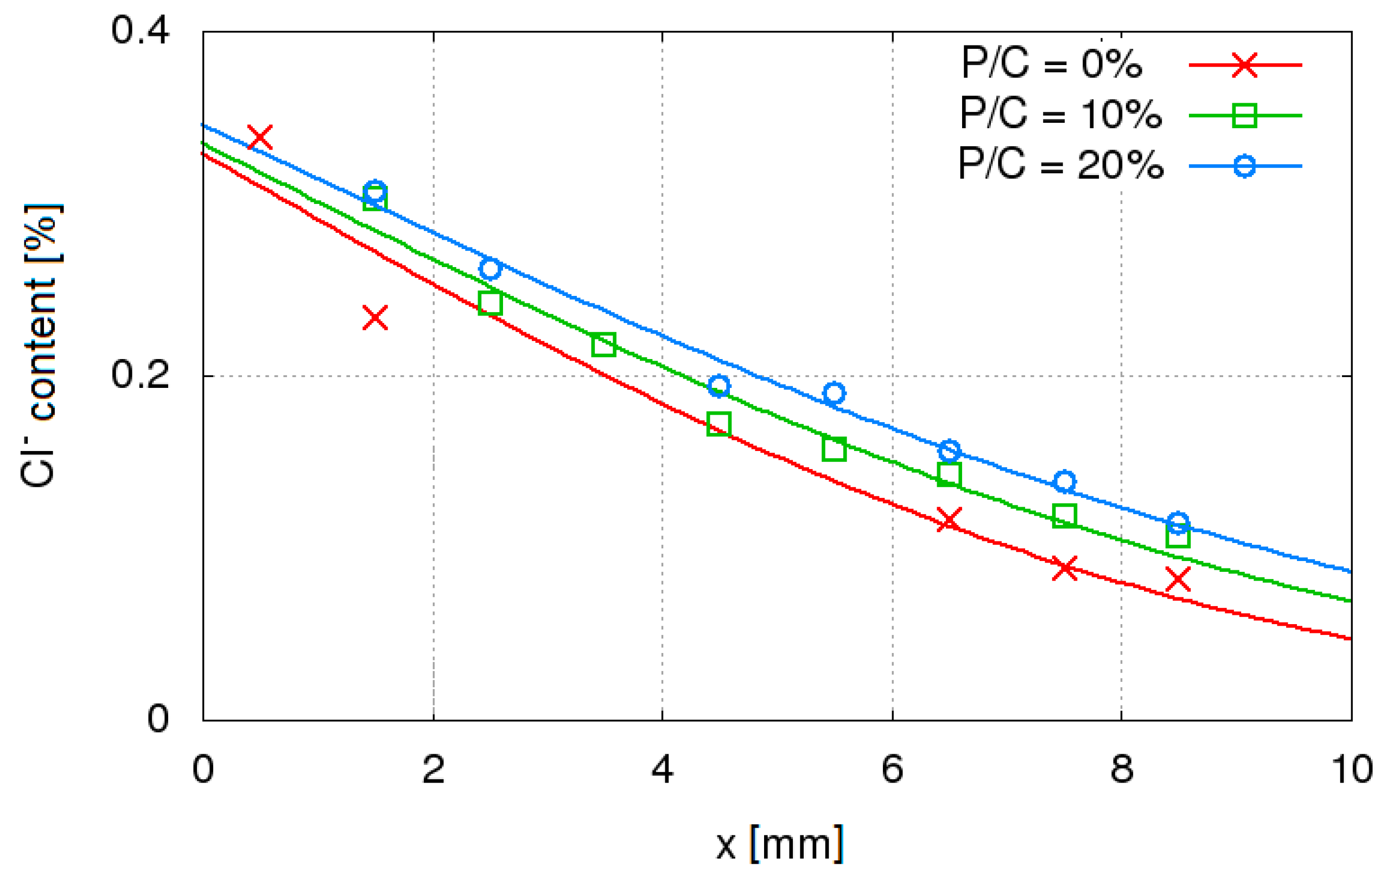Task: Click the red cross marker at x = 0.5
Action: point(260,137)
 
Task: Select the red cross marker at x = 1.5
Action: point(375,317)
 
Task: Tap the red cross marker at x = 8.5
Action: point(1178,579)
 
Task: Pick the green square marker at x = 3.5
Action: point(604,344)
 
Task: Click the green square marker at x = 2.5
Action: point(490,303)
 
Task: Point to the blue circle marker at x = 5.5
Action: point(834,393)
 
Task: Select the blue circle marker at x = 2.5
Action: point(490,268)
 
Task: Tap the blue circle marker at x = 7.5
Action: point(1065,481)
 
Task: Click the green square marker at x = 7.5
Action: point(1065,516)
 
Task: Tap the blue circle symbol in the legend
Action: point(1244,166)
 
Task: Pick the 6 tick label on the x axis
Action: point(892,770)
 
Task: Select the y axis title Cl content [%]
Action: point(40,344)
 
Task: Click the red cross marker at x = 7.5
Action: point(1065,568)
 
